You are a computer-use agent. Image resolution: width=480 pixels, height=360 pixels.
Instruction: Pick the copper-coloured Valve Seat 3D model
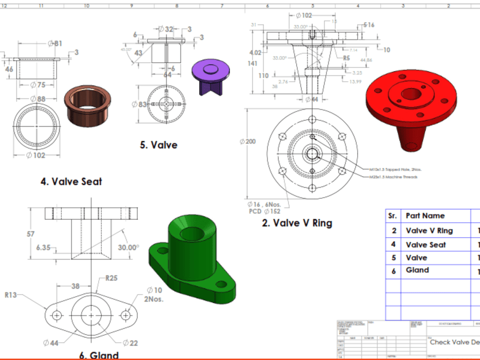(87, 106)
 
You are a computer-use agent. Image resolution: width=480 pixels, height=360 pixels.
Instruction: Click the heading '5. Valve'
(158, 145)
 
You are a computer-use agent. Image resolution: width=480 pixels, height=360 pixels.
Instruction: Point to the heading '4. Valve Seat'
(71, 182)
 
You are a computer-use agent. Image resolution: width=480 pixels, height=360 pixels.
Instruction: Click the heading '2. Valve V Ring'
(297, 223)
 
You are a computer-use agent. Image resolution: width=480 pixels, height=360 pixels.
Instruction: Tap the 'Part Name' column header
(425, 216)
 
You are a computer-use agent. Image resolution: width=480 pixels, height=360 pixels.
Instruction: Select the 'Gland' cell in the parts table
(417, 270)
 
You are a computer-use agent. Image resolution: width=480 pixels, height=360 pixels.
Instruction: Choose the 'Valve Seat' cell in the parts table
(425, 245)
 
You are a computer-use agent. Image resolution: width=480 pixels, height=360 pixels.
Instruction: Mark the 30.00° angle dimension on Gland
(128, 248)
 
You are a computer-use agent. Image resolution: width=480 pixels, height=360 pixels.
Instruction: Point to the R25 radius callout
(112, 278)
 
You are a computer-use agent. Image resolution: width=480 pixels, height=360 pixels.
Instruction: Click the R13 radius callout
(11, 295)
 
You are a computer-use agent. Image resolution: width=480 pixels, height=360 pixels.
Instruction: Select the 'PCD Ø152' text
(264, 211)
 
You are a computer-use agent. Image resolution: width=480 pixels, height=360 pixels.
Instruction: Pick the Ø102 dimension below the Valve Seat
(37, 155)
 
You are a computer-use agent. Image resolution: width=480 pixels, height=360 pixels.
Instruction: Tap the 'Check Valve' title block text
(454, 342)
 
